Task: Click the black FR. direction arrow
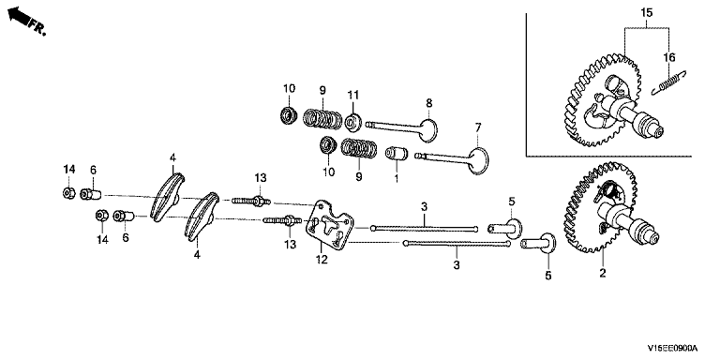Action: (x=19, y=16)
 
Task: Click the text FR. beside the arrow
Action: (x=37, y=27)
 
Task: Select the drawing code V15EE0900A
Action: (x=672, y=348)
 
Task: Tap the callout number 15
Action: (x=646, y=13)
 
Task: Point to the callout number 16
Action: (x=669, y=57)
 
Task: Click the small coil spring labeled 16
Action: (x=669, y=82)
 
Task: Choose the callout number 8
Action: (x=428, y=102)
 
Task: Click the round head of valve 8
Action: (x=428, y=130)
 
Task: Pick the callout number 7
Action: (x=477, y=127)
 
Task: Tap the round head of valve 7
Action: (x=480, y=159)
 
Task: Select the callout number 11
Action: (x=352, y=96)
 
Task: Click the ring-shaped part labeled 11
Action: (x=353, y=122)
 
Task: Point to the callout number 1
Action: (x=397, y=177)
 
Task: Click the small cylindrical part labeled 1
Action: (x=397, y=154)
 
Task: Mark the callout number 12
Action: (x=322, y=260)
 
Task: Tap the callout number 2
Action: (x=602, y=273)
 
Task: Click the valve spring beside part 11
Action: (x=322, y=117)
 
